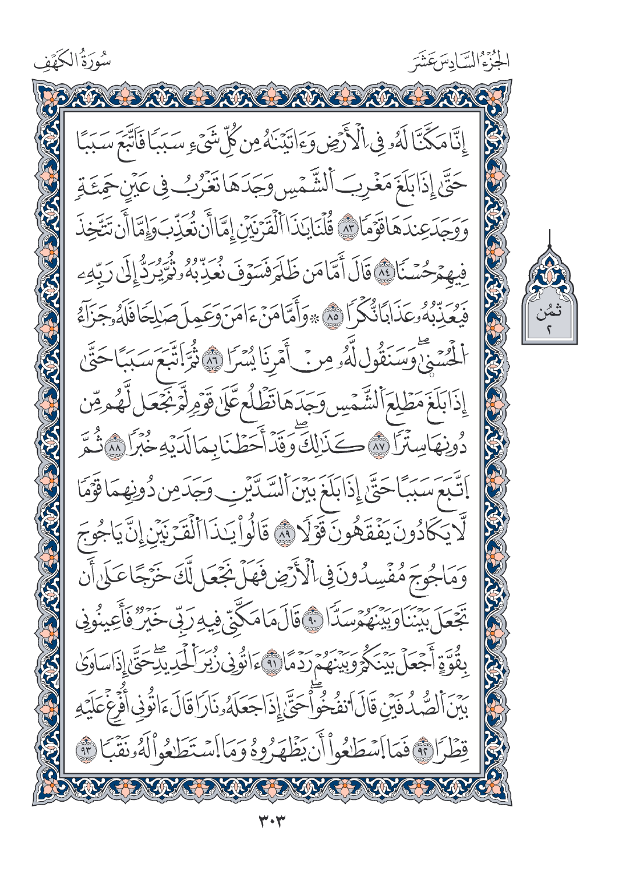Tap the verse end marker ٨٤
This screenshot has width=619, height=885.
(349, 270)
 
